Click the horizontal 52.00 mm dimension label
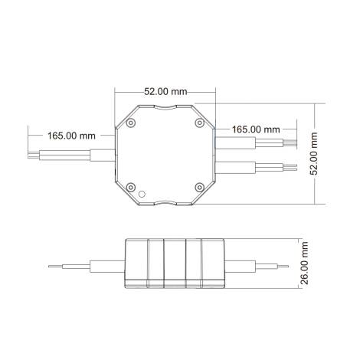(x=165, y=91)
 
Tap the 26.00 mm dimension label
(x=305, y=264)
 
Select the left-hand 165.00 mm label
(x=71, y=136)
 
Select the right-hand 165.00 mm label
(x=255, y=130)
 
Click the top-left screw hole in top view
(x=133, y=122)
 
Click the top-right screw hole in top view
(x=198, y=122)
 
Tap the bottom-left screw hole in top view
(x=133, y=186)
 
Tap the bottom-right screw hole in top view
(x=198, y=186)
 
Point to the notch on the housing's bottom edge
(x=165, y=203)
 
